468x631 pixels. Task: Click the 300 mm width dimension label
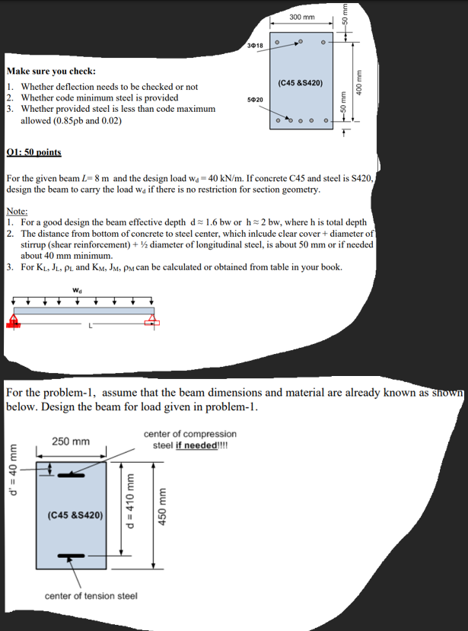[x=301, y=17]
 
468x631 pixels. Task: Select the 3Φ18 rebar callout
[x=254, y=47]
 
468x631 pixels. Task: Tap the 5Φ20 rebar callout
[x=255, y=100]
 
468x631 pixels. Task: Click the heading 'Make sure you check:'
[x=50, y=71]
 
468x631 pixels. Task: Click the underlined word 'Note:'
[x=17, y=210]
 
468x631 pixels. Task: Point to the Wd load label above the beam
[x=78, y=290]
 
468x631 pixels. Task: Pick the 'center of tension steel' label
[x=91, y=595]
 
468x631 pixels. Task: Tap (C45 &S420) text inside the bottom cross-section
[x=75, y=515]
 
